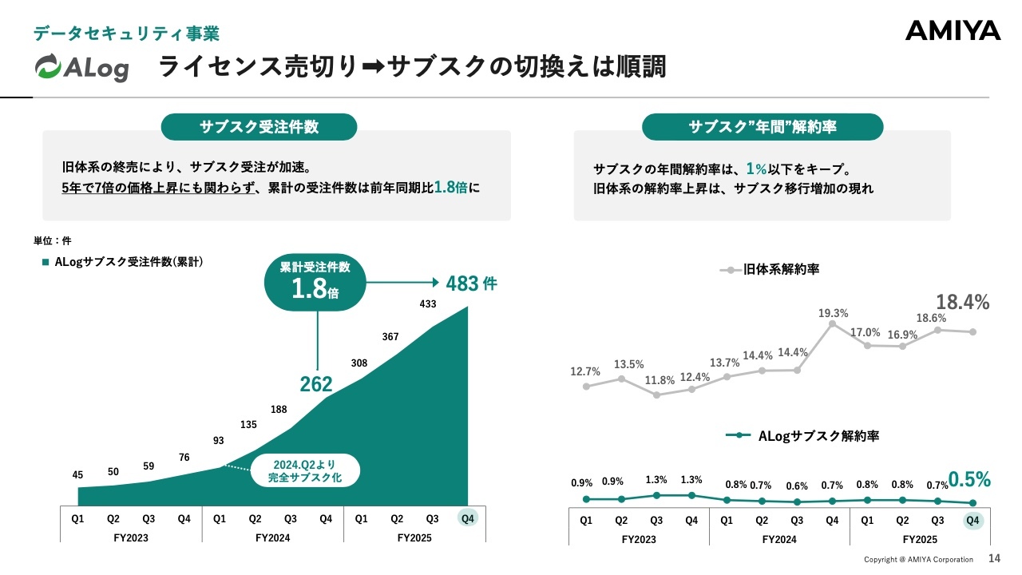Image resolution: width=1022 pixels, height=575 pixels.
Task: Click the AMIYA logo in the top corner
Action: [953, 31]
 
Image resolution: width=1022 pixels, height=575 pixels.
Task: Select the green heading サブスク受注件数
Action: [259, 127]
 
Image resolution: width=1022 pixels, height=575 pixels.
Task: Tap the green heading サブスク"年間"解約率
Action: [763, 127]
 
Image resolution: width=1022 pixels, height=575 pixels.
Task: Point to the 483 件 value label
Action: [472, 283]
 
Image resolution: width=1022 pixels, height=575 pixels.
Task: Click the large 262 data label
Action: [316, 385]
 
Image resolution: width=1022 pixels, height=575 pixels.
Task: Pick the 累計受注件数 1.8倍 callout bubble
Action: [315, 281]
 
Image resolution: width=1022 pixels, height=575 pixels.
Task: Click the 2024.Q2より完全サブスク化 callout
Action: [305, 471]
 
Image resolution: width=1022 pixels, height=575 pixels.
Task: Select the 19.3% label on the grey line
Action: [833, 314]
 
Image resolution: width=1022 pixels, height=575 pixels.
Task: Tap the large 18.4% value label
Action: [962, 302]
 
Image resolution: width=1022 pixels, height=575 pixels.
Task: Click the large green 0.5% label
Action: [969, 479]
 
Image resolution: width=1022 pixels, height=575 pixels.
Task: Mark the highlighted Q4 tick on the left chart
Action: [468, 518]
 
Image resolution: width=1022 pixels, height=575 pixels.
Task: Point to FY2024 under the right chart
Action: [779, 539]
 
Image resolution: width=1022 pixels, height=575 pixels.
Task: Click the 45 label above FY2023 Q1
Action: [77, 475]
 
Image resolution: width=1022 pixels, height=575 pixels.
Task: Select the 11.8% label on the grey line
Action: [657, 380]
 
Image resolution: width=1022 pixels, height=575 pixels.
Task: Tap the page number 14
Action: [994, 558]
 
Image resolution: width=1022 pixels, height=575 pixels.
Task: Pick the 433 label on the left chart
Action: [428, 303]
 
